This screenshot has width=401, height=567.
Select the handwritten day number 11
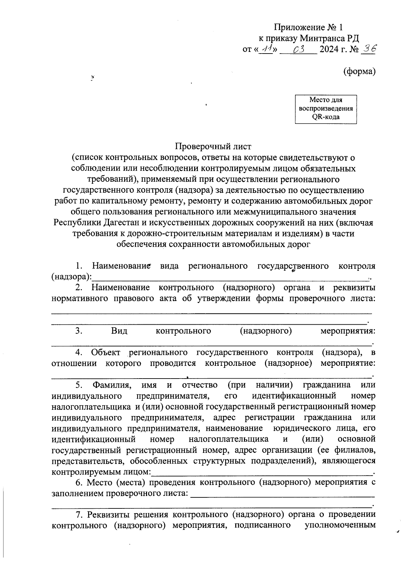pyautogui.click(x=267, y=50)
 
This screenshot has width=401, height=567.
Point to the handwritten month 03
pyautogui.click(x=298, y=50)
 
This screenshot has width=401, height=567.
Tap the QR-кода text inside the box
pyautogui.click(x=326, y=117)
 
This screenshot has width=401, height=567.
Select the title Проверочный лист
pyautogui.click(x=213, y=146)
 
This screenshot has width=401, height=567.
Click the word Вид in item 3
pyautogui.click(x=119, y=331)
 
